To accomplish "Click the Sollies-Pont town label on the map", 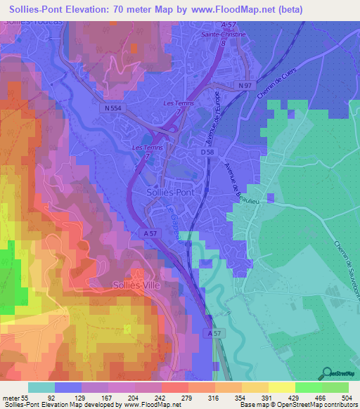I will [171, 191].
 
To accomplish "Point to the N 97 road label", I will [245, 85].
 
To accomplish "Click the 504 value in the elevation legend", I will [346, 397].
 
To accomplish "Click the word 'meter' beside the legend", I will [12, 397].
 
